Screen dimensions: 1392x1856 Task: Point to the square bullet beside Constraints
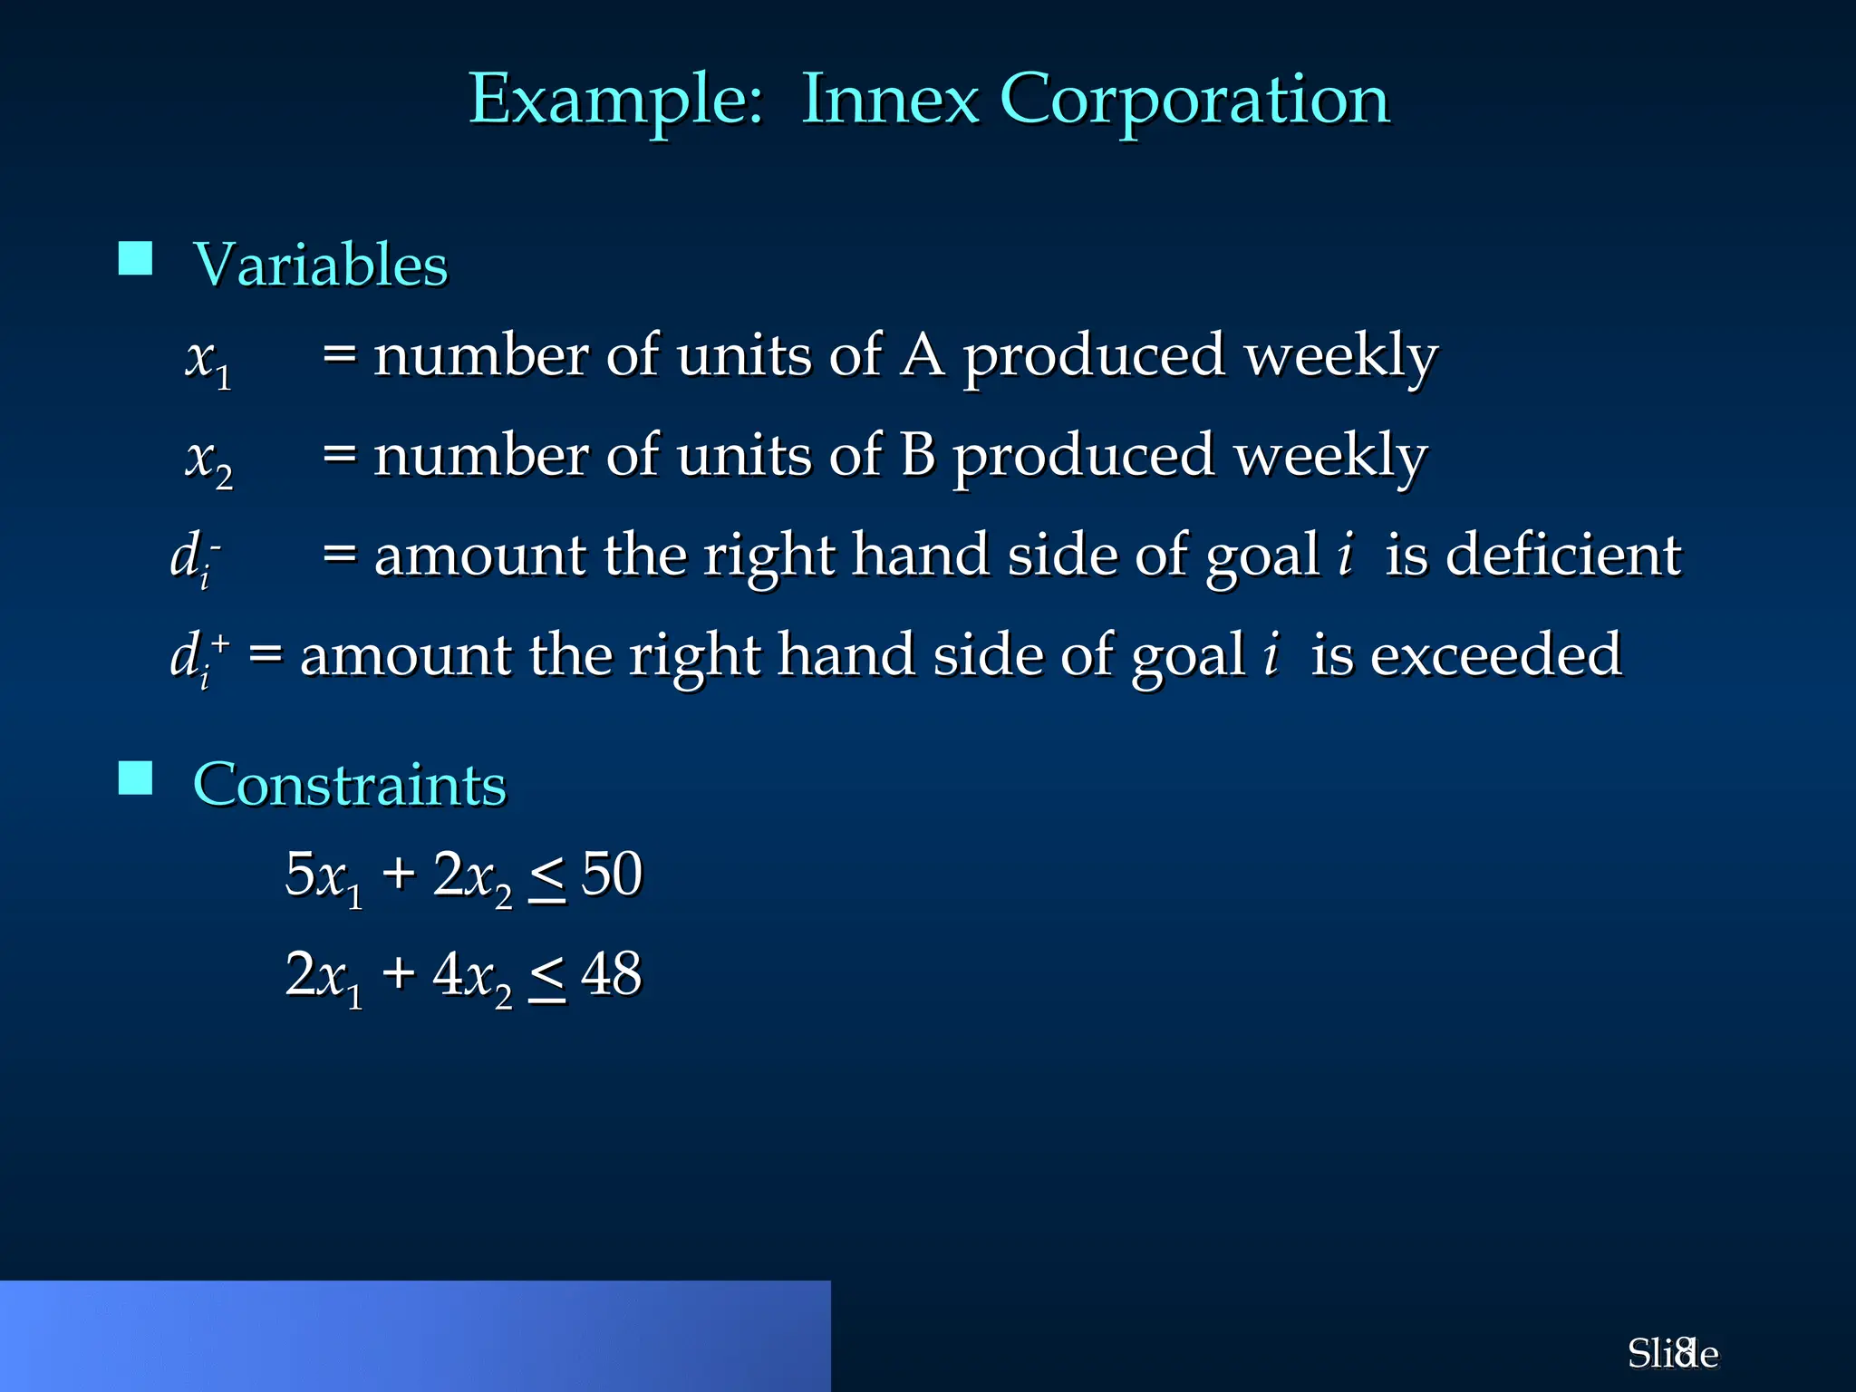pyautogui.click(x=136, y=778)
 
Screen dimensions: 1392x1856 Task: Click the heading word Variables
pyautogui.click(x=321, y=265)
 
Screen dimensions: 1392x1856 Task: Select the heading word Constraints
pyautogui.click(x=349, y=784)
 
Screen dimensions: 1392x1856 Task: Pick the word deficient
pyautogui.click(x=1563, y=555)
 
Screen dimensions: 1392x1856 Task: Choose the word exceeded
pyautogui.click(x=1495, y=654)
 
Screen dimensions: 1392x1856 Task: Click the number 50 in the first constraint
pyautogui.click(x=612, y=875)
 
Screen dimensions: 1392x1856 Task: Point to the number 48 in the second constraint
pyautogui.click(x=612, y=974)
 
